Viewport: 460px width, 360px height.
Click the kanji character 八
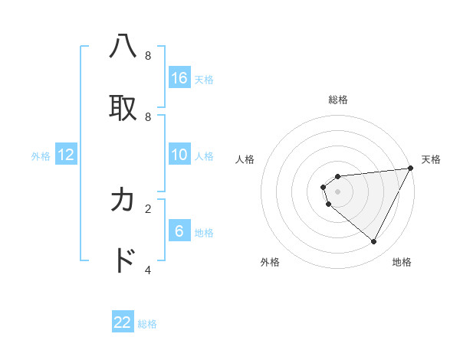pos(123,47)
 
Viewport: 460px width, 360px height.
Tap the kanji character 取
pos(123,108)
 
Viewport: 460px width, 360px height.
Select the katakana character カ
pos(123,200)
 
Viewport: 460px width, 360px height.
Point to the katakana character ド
pos(123,261)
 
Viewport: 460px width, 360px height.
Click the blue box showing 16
pos(179,77)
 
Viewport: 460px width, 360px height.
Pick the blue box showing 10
pos(179,154)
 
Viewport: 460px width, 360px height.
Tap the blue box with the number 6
pos(179,231)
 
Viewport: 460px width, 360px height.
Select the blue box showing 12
pos(66,155)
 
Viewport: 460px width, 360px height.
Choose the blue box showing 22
pos(123,322)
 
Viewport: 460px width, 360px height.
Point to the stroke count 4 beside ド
pos(148,270)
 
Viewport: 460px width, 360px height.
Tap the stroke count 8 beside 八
pos(148,55)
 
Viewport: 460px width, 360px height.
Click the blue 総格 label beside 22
pos(147,324)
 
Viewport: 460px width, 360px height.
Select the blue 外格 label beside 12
pos(41,156)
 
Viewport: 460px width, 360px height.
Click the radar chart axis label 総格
pos(338,100)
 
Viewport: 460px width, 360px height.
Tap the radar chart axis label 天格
pos(431,159)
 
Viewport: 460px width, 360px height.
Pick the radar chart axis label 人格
pos(245,159)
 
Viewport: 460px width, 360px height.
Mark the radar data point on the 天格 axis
pos(410,169)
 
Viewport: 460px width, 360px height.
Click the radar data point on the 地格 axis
pos(373,241)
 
